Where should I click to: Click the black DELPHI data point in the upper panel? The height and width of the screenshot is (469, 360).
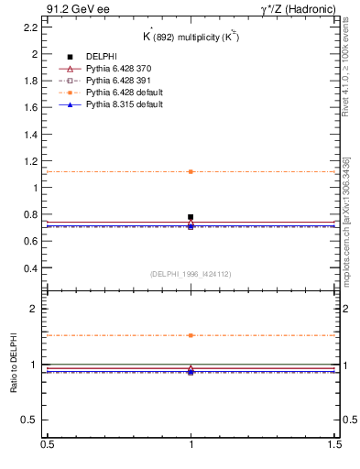(191, 217)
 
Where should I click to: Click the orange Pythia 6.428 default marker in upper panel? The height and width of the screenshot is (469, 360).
(191, 171)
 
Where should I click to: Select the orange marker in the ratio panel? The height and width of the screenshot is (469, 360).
(191, 335)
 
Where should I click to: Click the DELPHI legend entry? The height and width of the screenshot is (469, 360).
(102, 57)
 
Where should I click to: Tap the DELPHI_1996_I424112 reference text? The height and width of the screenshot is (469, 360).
(190, 273)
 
